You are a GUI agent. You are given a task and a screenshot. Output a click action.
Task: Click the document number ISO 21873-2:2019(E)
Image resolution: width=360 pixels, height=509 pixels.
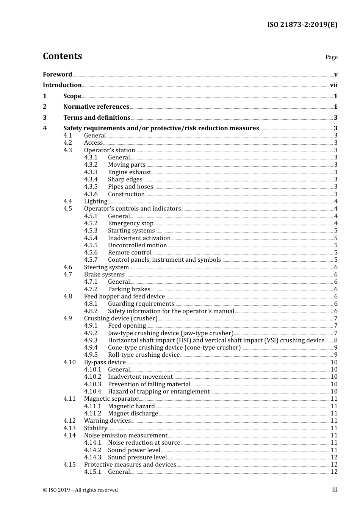coord(302,25)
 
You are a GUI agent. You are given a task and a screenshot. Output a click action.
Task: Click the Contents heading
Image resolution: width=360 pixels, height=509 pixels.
coord(62,56)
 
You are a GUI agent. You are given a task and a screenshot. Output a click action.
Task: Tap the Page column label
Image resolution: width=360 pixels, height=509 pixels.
coord(331,57)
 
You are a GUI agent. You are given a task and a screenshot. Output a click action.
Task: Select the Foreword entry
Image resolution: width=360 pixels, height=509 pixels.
coord(57,75)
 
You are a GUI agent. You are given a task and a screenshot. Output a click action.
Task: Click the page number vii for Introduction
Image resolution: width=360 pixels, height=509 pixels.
coord(333,85)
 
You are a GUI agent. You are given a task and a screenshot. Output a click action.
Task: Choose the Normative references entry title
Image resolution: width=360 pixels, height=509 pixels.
coord(96,107)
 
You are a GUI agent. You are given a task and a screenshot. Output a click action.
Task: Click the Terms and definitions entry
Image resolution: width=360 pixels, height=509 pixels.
coord(97,118)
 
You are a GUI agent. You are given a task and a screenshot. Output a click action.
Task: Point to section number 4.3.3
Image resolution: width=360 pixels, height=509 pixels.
coord(91,172)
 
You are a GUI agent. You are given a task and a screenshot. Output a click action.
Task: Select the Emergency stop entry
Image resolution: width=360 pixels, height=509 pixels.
coord(130,223)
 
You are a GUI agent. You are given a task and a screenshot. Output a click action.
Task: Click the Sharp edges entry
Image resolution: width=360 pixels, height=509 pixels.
coord(125,180)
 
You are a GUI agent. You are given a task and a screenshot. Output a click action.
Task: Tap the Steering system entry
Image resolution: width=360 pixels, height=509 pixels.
coord(106,267)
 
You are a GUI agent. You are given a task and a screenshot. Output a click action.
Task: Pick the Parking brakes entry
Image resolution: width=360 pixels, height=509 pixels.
coord(129,289)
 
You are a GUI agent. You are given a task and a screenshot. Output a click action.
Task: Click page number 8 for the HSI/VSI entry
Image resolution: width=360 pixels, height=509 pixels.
coord(335,340)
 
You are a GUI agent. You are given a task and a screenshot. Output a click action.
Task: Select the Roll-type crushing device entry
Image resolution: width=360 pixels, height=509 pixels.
coord(144,355)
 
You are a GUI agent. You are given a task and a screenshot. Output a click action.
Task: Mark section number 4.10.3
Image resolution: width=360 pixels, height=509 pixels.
coord(92,384)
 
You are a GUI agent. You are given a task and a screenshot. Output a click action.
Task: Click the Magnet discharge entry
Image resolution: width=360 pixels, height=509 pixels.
coord(133,414)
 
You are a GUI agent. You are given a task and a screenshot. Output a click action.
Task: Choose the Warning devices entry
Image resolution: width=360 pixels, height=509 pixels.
coord(107,421)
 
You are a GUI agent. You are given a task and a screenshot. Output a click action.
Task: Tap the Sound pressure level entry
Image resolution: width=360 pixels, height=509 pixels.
coord(137,457)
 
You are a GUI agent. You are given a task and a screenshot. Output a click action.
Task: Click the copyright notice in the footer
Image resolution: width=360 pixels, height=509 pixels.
coord(80,490)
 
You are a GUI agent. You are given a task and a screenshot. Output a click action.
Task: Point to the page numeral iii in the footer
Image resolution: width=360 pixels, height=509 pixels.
coord(335,490)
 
